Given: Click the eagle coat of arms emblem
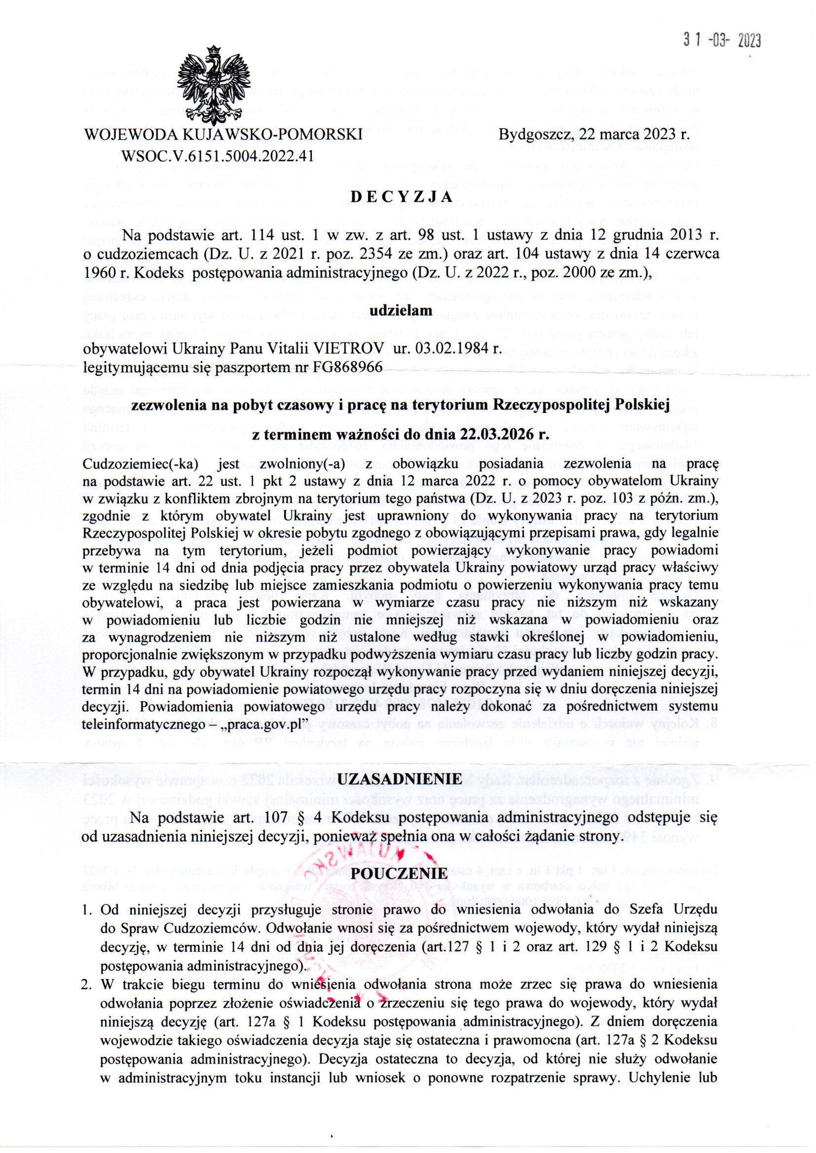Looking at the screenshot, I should point(215,83).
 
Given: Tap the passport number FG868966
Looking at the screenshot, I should point(347,367).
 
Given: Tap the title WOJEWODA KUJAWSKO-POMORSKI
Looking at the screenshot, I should point(223,135).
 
